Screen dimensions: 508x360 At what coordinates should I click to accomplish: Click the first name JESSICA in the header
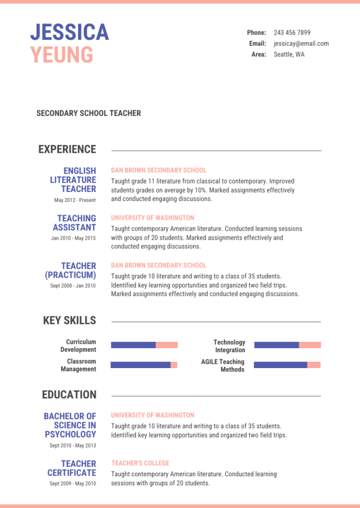coord(70,33)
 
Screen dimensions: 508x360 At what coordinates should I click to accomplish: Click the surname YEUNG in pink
coord(62,55)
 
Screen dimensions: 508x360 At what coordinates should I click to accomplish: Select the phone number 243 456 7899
coord(292,33)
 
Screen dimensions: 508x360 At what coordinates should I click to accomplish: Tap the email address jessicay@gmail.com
coord(301,44)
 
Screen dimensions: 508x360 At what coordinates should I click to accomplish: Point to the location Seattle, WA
coord(289,55)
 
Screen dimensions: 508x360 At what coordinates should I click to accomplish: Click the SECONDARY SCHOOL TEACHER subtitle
coord(88,113)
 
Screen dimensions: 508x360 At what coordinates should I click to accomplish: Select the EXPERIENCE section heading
coord(67,149)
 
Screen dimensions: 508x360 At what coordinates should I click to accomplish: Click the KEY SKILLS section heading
coord(70,320)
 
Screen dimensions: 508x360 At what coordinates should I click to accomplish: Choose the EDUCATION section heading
coord(69,395)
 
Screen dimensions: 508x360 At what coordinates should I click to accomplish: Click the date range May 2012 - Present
coord(75,200)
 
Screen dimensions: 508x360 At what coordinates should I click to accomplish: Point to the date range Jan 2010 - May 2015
coord(73,238)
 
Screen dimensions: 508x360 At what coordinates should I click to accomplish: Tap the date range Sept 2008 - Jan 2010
coord(73,286)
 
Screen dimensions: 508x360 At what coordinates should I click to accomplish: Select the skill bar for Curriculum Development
coord(144,345)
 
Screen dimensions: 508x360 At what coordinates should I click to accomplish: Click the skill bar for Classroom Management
coord(144,365)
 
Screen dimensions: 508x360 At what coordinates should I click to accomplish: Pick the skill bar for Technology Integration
coord(288,345)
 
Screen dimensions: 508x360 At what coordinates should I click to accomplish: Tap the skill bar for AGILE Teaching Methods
coord(287,365)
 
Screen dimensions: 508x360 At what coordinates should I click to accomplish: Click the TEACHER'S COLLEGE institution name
coord(140,463)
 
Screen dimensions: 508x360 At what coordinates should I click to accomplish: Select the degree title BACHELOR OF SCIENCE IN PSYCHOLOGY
coord(70,425)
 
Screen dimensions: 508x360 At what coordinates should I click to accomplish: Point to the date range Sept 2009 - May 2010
coord(72,484)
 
